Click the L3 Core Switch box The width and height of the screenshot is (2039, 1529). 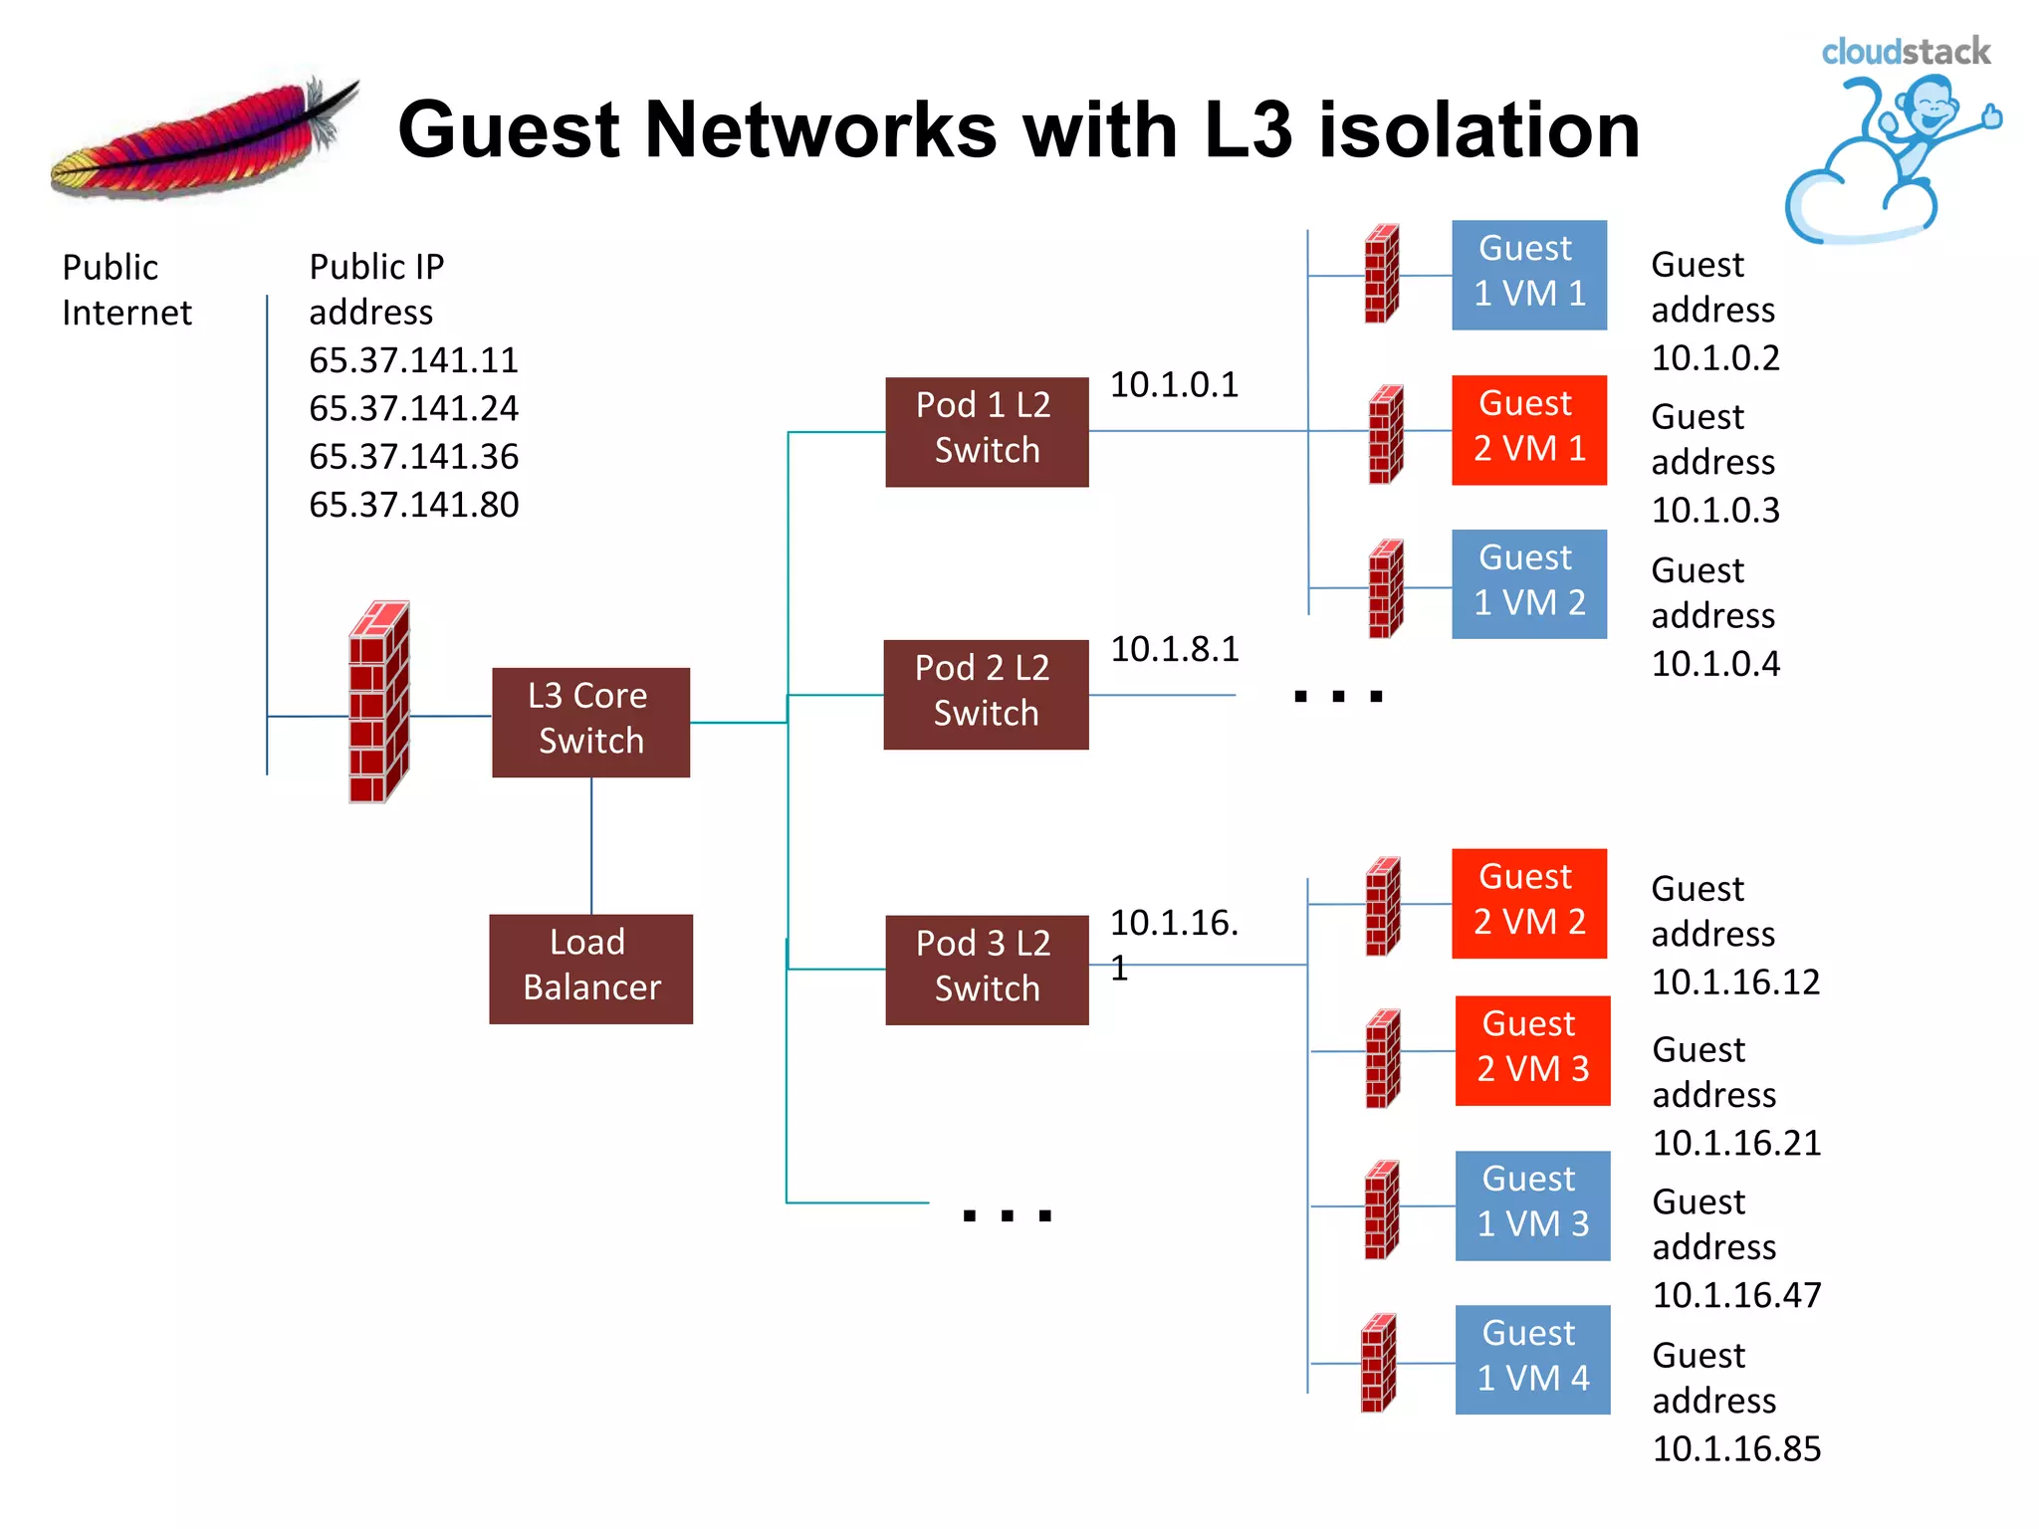pyautogui.click(x=590, y=722)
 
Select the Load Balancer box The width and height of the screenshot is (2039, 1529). pyautogui.click(x=590, y=969)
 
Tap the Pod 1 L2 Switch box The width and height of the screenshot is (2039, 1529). pyautogui.click(x=986, y=431)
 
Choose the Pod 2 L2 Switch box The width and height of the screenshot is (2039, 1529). pyautogui.click(x=986, y=694)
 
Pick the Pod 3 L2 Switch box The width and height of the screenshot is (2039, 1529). pyautogui.click(x=986, y=969)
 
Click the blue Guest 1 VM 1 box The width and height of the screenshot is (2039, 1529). pyautogui.click(x=1528, y=275)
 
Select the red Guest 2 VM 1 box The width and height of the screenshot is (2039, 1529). pyautogui.click(x=1528, y=430)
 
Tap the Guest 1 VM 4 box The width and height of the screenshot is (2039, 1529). pyautogui.click(x=1532, y=1359)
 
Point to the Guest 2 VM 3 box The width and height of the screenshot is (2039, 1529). pyautogui.click(x=1532, y=1050)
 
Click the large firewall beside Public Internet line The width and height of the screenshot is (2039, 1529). pyautogui.click(x=378, y=702)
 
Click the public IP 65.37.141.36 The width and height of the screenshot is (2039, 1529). pyautogui.click(x=413, y=457)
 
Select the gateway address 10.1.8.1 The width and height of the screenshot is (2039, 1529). pyautogui.click(x=1175, y=649)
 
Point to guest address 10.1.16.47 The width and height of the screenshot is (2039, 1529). pyautogui.click(x=1736, y=1295)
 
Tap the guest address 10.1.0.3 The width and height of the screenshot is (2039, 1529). pyautogui.click(x=1715, y=510)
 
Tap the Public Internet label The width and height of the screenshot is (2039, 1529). pyautogui.click(x=125, y=290)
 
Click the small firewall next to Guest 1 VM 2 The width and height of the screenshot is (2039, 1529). pyautogui.click(x=1385, y=588)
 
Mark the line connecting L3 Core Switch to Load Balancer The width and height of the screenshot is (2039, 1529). pyautogui.click(x=591, y=845)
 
